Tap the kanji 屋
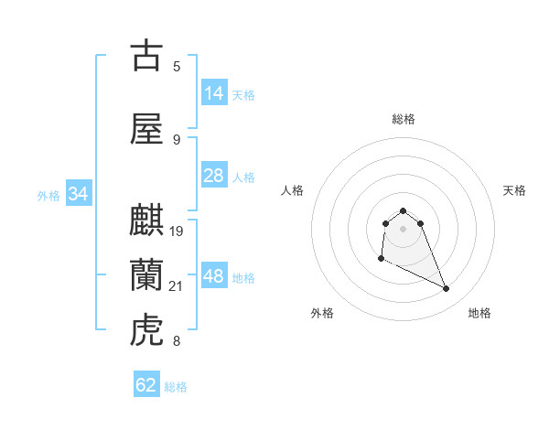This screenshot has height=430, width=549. coord(146,129)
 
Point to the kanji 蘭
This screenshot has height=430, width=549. coord(146,274)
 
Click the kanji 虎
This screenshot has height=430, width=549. coord(146,329)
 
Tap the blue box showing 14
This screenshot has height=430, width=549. coord(214,93)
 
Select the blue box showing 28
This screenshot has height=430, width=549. coord(214,176)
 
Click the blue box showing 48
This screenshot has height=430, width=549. coord(214,276)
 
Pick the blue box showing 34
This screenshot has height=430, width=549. coord(79,194)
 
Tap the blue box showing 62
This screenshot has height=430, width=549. coord(146,385)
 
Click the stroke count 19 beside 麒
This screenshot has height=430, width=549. coord(177,231)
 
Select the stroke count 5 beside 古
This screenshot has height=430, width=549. coord(177,66)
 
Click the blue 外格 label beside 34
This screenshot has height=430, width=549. coord(49,195)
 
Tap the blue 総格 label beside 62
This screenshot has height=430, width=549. coord(176,386)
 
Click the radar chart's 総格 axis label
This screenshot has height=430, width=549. coord(404,119)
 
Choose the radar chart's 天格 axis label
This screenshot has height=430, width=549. coord(515,190)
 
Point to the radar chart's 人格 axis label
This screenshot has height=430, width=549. coord(293,190)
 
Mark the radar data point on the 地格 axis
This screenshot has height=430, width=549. coord(447,289)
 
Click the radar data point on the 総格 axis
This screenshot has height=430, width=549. coord(404,210)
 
